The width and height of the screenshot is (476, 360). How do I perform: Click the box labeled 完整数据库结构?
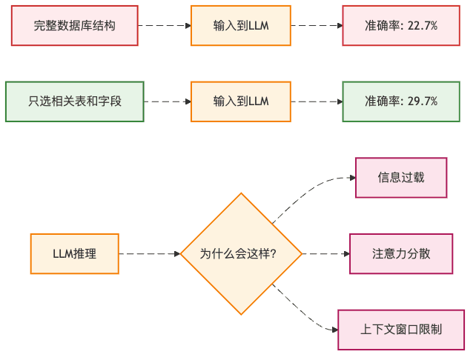(74, 25)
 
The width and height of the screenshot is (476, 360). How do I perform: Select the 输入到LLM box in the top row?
(241, 25)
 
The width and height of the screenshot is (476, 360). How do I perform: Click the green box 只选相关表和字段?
(74, 101)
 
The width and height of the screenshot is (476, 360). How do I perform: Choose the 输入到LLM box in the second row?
(241, 101)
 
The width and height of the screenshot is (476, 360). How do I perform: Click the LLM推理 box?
(74, 253)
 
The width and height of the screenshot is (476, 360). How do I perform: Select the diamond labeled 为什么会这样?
(241, 253)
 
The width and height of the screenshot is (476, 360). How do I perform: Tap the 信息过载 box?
(401, 178)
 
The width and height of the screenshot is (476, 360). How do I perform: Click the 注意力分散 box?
(401, 253)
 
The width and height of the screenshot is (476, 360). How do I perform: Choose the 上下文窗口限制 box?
(401, 329)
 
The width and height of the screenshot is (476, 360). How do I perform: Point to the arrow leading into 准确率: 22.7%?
(317, 25)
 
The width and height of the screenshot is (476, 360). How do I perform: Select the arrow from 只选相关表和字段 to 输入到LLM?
(168, 101)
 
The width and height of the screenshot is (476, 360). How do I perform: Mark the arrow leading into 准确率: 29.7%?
(317, 101)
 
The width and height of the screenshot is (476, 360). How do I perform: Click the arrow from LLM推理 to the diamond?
(149, 253)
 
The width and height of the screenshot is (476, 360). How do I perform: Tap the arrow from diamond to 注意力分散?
(325, 253)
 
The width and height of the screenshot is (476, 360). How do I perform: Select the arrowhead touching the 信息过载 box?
(352, 178)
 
